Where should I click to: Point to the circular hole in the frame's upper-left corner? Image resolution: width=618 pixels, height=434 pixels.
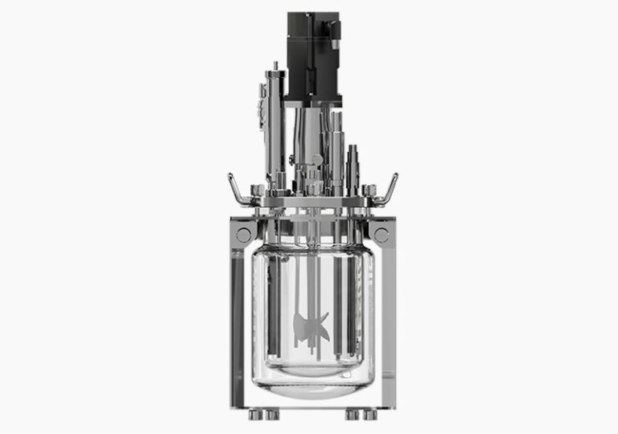[244, 235]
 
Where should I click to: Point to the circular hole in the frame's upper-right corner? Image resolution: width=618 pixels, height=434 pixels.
[381, 235]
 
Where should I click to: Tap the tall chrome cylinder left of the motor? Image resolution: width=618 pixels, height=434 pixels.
[274, 121]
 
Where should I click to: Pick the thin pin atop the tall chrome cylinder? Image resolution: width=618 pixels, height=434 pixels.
[274, 66]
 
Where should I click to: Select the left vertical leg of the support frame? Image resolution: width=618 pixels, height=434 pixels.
[238, 321]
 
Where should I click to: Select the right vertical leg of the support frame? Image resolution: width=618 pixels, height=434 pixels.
[388, 321]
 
